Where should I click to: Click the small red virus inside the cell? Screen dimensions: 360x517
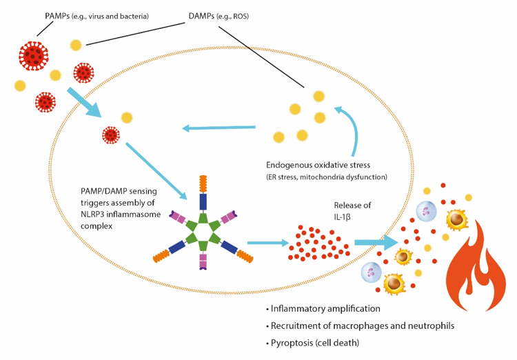click(x=110, y=134)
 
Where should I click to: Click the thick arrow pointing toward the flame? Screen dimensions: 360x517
click(x=376, y=243)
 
